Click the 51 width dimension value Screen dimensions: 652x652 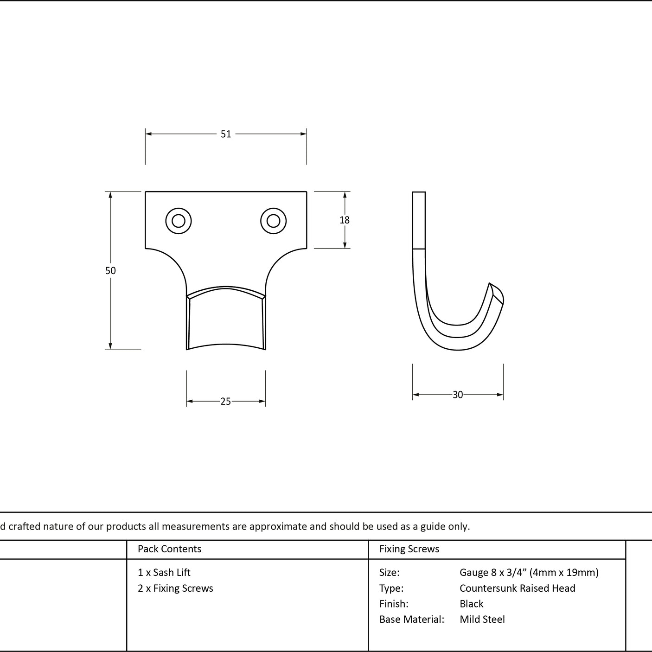(226, 134)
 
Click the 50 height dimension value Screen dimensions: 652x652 (111, 271)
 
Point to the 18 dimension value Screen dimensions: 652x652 (345, 220)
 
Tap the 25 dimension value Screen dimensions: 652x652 (226, 401)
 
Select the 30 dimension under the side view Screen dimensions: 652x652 (457, 395)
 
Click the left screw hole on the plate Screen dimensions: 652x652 (179, 221)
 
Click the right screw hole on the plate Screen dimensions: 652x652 (274, 221)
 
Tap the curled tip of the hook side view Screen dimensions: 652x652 (497, 293)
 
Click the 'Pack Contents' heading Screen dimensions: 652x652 (170, 549)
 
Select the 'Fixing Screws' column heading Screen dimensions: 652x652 (409, 549)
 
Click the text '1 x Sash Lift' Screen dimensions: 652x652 (164, 573)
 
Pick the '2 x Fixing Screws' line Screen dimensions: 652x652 (175, 588)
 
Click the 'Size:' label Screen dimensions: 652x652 (389, 573)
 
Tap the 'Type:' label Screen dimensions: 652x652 (391, 588)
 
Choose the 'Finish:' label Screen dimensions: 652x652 (394, 604)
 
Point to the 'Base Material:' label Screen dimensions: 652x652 (412, 620)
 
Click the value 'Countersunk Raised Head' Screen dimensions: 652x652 (518, 588)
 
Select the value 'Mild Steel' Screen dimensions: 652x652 (482, 620)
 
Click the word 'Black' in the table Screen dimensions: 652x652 (471, 604)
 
